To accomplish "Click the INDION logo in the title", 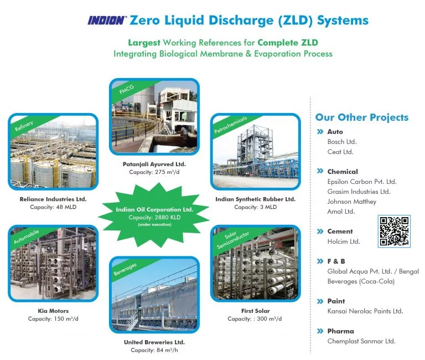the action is pos(107,20).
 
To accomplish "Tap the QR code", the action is pos(394,232).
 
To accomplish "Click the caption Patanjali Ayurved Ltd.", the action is pos(154,164).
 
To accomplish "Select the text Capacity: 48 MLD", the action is pos(53,207).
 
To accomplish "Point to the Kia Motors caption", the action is pos(53,311).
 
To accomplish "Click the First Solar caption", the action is pos(255,311).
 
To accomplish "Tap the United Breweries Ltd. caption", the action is pos(154,342).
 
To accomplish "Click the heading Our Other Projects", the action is pos(362,117).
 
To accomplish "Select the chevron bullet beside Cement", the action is pos(320,232).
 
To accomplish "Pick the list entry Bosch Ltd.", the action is pos(342,142).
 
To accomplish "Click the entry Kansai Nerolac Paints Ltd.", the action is pos(365,311).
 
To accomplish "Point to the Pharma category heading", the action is pos(341,331).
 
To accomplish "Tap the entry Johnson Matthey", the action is pos(352,202).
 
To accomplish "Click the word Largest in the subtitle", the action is pos(144,43).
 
